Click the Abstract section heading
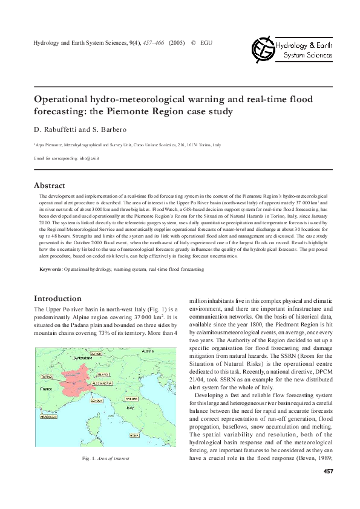coord(50,186)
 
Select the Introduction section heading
coord(57,298)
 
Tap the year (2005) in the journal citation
coord(177,43)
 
